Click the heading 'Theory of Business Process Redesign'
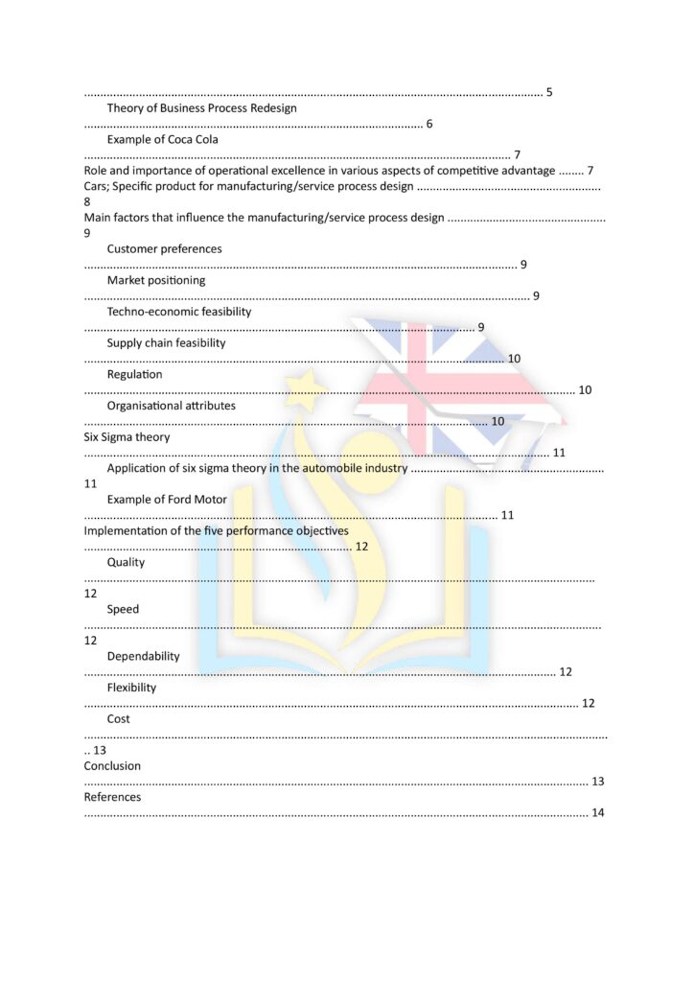click(x=201, y=108)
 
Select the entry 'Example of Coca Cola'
click(x=162, y=139)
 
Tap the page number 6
click(x=428, y=124)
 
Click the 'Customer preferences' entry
click(x=164, y=248)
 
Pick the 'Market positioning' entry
click(x=155, y=280)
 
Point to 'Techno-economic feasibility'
click(x=179, y=312)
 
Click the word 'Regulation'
click(x=134, y=374)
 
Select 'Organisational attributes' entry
click(x=171, y=406)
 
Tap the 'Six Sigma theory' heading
click(x=127, y=437)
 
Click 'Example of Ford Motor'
click(x=167, y=500)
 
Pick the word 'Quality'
click(x=126, y=562)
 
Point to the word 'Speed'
click(x=123, y=609)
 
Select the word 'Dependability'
click(x=143, y=656)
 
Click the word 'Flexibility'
click(x=131, y=688)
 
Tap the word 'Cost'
click(x=119, y=718)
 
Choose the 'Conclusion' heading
click(x=112, y=766)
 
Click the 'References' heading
click(x=112, y=797)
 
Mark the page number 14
click(x=597, y=813)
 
